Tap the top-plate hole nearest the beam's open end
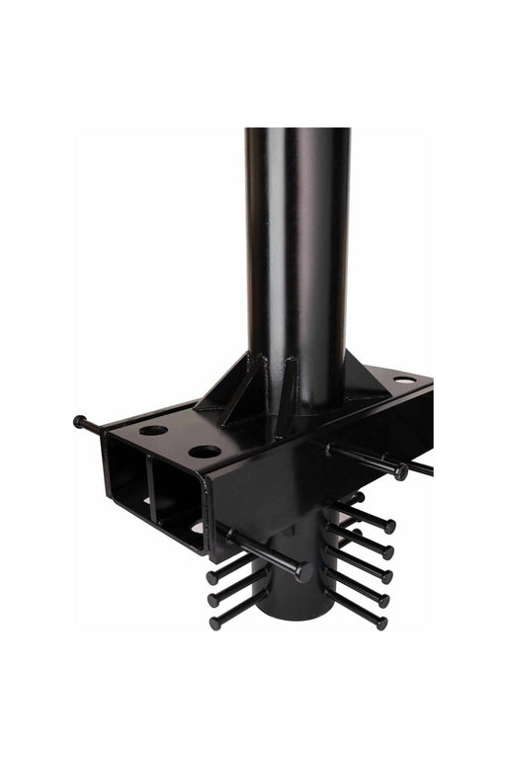154,432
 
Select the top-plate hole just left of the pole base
205,451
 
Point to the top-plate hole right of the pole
403,379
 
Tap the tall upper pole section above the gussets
296,247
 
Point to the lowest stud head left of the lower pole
214,622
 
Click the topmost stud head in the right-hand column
390,527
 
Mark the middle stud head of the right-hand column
386,575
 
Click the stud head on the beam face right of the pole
400,473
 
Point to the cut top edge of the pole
296,131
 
